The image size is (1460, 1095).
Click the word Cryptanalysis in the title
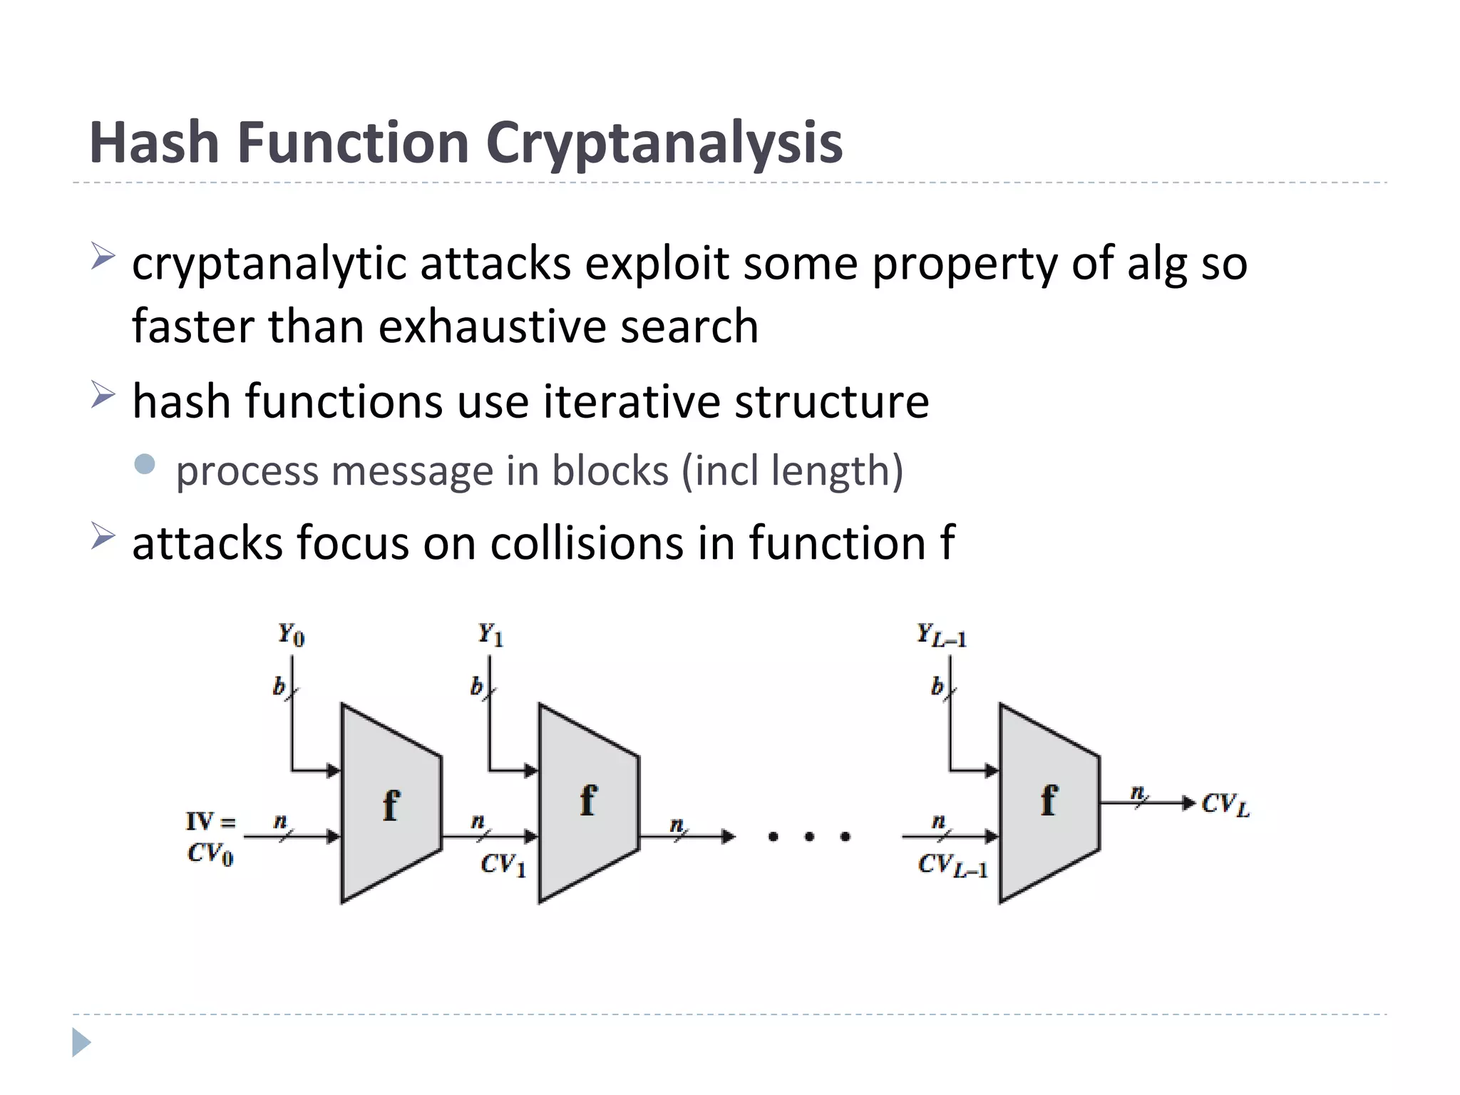[x=664, y=143]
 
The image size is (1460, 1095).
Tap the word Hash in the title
[x=153, y=142]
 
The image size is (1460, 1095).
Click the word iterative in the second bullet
[x=631, y=401]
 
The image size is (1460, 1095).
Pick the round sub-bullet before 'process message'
[x=145, y=465]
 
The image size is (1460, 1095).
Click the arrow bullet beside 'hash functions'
[x=103, y=395]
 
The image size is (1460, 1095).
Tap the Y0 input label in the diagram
[x=291, y=633]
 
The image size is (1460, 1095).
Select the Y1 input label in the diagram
[x=490, y=633]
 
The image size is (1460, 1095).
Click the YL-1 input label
[x=941, y=634]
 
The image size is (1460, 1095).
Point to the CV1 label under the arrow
[x=503, y=865]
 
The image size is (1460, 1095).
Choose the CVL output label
[x=1225, y=805]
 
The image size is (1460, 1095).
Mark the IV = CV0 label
[x=210, y=837]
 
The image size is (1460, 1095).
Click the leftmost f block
[x=391, y=803]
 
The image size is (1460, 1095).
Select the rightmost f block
[x=1049, y=802]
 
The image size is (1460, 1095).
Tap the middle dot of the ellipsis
[x=809, y=836]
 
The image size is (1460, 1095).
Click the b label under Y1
[x=475, y=687]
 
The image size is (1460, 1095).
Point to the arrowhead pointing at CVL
[x=1188, y=803]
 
